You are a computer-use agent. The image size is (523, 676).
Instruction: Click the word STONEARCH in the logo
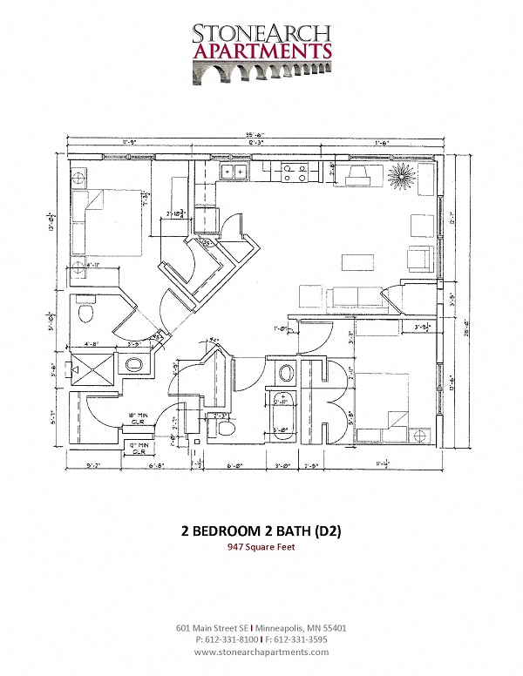point(261,32)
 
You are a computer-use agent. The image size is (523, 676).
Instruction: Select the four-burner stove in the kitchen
point(293,172)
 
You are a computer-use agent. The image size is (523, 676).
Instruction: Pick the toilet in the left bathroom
point(85,311)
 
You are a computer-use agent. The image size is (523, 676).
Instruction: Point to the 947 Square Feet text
point(261,548)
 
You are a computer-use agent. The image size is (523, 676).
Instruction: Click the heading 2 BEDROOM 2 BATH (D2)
point(261,532)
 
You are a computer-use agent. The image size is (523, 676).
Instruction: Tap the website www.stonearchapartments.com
point(261,652)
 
